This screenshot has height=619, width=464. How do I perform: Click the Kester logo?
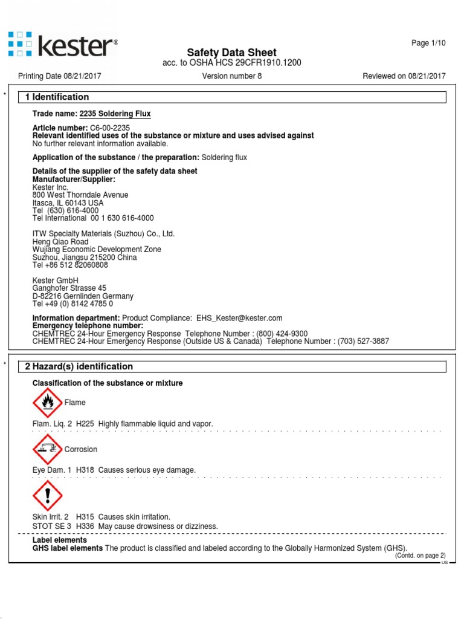pyautogui.click(x=63, y=45)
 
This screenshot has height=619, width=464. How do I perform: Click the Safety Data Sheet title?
pyautogui.click(x=232, y=53)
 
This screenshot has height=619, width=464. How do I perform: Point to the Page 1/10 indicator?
pyautogui.click(x=428, y=43)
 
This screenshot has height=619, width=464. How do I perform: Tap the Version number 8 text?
pyautogui.click(x=232, y=76)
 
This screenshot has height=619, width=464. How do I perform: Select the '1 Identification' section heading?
pyautogui.click(x=57, y=97)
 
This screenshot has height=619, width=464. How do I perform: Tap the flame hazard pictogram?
pyautogui.click(x=47, y=403)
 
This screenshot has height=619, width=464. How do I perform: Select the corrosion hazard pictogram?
pyautogui.click(x=47, y=449)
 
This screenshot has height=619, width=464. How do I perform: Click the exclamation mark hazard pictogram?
pyautogui.click(x=47, y=496)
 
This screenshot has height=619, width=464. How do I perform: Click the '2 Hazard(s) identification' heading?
pyautogui.click(x=79, y=366)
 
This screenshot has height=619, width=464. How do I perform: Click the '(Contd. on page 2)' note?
pyautogui.click(x=420, y=556)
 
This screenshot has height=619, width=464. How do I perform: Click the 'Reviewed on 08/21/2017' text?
pyautogui.click(x=404, y=76)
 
